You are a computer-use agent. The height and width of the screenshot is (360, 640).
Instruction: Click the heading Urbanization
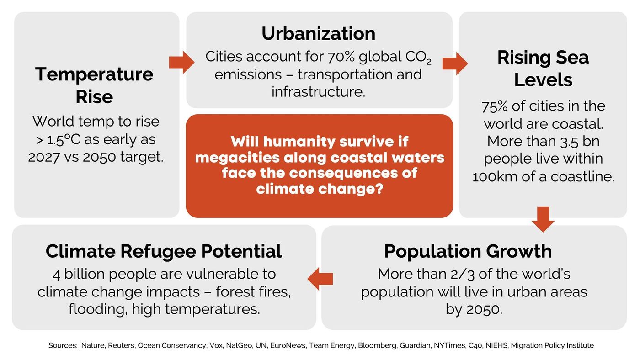(318, 34)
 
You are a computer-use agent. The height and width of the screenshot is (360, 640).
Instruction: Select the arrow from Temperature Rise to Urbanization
(182, 63)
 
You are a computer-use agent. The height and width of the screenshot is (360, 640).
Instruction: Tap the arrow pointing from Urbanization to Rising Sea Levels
(455, 64)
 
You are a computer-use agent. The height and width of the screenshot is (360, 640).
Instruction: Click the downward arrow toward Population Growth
(543, 219)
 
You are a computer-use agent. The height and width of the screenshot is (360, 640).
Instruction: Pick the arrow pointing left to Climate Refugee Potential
(320, 279)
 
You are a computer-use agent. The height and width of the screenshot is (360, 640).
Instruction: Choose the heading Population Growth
(468, 251)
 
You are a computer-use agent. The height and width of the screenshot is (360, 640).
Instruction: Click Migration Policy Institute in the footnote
(552, 346)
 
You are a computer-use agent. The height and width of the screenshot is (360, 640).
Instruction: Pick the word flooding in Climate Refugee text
(96, 309)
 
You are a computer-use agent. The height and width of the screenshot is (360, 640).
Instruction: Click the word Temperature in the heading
(94, 74)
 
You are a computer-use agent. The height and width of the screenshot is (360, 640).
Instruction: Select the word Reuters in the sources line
(121, 346)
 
